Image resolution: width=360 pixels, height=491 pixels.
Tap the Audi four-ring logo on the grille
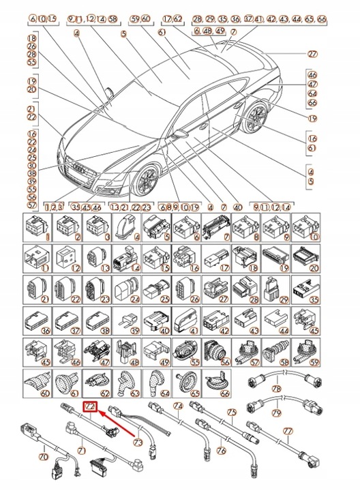point(76,166)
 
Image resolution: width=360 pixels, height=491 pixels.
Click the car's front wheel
point(147,183)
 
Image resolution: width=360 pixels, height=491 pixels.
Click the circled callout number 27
point(332,54)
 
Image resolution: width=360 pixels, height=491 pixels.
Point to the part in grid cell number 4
point(128,226)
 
